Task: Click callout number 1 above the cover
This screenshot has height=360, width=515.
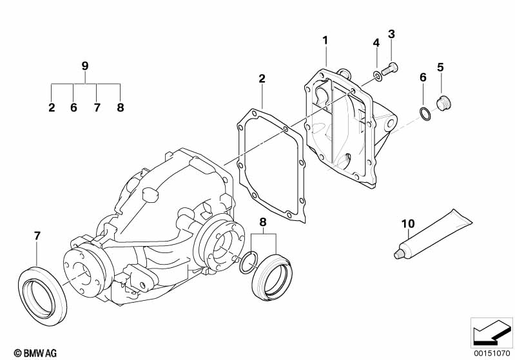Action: [x=326, y=40]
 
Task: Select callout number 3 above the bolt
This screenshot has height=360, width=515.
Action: [x=391, y=34]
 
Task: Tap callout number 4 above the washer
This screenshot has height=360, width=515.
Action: [x=376, y=43]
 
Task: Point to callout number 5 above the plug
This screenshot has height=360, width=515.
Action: [x=441, y=66]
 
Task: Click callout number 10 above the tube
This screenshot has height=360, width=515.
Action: [x=407, y=224]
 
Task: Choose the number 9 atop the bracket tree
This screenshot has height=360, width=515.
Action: [x=85, y=66]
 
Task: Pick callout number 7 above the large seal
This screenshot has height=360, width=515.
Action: [x=37, y=236]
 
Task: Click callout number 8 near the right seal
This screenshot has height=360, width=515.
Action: [x=262, y=223]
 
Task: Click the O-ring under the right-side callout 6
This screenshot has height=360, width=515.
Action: [x=425, y=115]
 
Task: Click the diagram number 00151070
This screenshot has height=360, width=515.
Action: [x=492, y=352]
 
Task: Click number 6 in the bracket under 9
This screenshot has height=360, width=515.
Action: [x=73, y=108]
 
